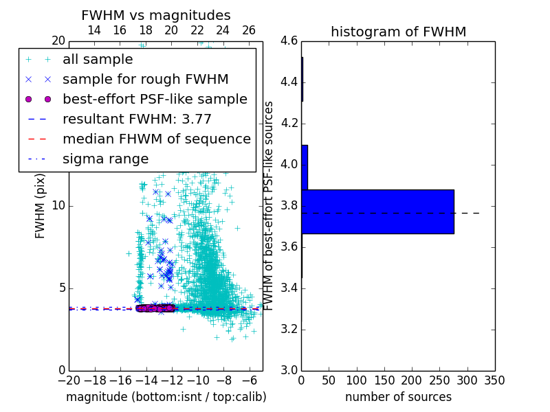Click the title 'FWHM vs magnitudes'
[x=156, y=15]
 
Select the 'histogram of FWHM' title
[x=398, y=32]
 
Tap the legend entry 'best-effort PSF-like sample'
[x=155, y=99]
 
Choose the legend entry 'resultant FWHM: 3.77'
[x=137, y=119]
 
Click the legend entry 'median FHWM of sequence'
[x=156, y=139]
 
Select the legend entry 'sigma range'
[x=105, y=159]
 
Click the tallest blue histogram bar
[x=377, y=211]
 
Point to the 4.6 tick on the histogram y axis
[x=289, y=41]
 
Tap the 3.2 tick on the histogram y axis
[x=289, y=329]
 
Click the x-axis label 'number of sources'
[x=398, y=397]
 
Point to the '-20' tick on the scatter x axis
[x=69, y=380]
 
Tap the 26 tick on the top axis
[x=249, y=30]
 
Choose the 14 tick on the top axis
[x=94, y=30]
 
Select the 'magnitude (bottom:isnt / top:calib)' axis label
[x=166, y=397]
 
